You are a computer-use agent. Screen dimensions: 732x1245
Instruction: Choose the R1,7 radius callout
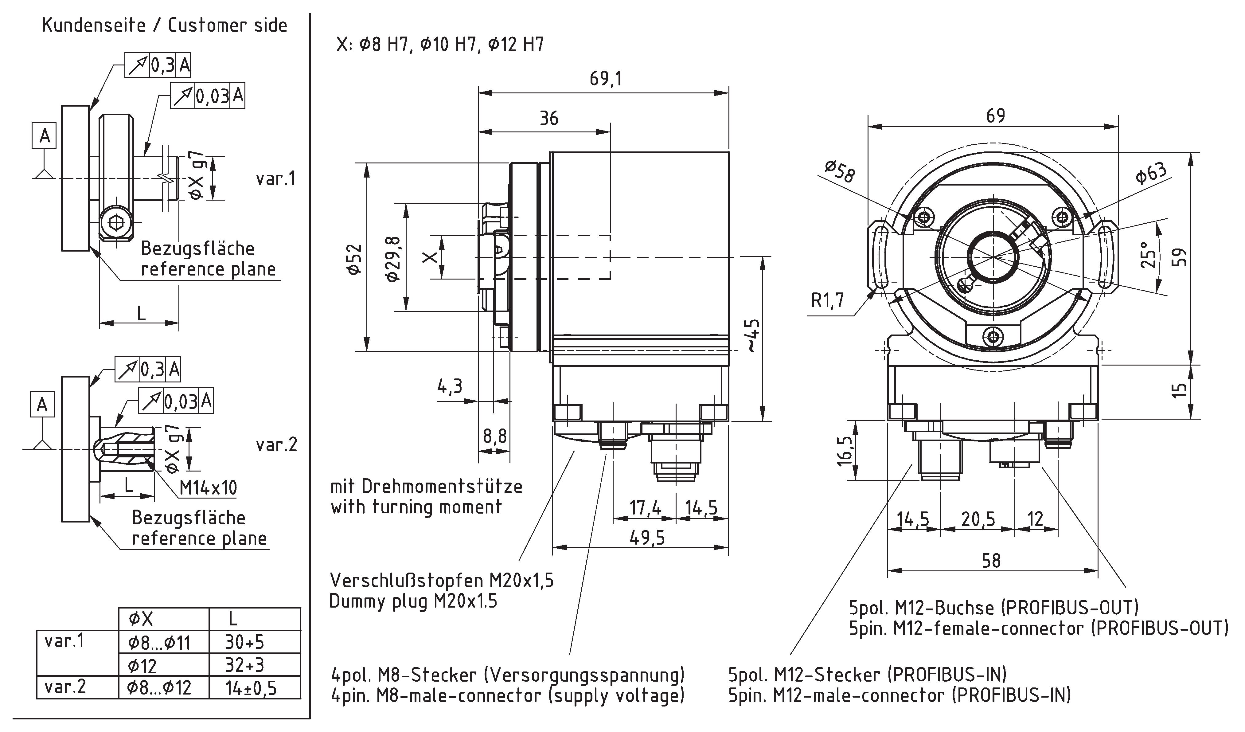point(828,300)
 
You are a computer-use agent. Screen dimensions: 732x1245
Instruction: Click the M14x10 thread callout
point(208,488)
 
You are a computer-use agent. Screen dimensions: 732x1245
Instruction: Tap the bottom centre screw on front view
point(993,337)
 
